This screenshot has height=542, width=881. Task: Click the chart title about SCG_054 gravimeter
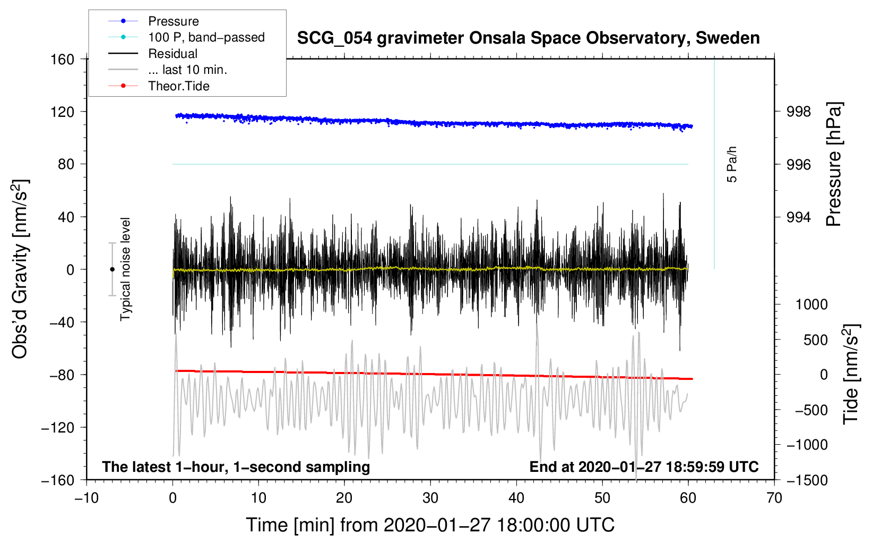[528, 38]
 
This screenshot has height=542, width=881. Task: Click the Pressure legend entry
[173, 21]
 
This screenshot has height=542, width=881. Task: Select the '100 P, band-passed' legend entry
[206, 37]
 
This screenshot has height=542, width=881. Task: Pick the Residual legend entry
[172, 54]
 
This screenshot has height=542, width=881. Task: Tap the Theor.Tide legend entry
[178, 86]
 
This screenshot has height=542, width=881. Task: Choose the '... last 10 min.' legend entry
[187, 70]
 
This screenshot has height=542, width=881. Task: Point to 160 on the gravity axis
[62, 59]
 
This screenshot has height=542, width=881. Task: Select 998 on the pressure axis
[799, 112]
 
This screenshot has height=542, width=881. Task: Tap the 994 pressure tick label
[799, 217]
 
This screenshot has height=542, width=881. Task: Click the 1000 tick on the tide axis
[811, 304]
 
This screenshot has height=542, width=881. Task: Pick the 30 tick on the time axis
[430, 498]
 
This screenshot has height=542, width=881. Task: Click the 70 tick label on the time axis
[774, 498]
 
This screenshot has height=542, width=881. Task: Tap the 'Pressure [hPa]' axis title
[834, 165]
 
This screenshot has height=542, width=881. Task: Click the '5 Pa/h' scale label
[732, 164]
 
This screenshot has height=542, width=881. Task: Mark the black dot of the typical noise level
[112, 269]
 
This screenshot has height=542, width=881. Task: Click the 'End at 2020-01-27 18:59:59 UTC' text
[644, 467]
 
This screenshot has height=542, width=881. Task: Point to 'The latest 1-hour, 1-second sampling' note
[236, 467]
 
